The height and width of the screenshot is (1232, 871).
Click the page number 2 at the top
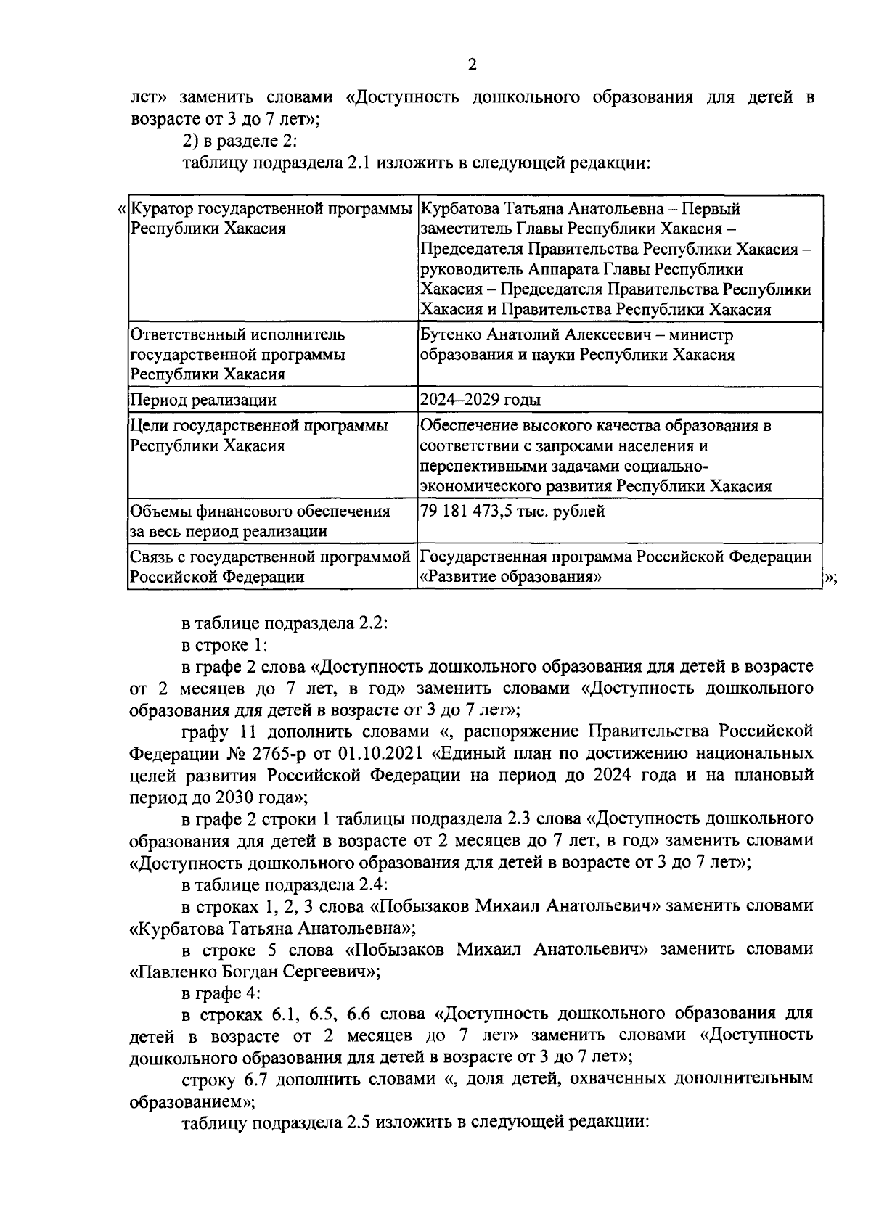pyautogui.click(x=472, y=66)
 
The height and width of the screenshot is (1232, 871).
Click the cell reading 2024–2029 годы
pyautogui.click(x=480, y=400)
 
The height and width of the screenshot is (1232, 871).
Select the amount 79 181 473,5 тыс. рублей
pyautogui.click(x=512, y=512)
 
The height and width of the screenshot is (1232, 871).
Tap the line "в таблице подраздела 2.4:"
pyautogui.click(x=285, y=884)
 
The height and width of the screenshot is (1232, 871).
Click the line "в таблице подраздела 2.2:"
pyautogui.click(x=285, y=623)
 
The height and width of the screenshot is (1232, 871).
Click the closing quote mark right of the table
pyautogui.click(x=831, y=578)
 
